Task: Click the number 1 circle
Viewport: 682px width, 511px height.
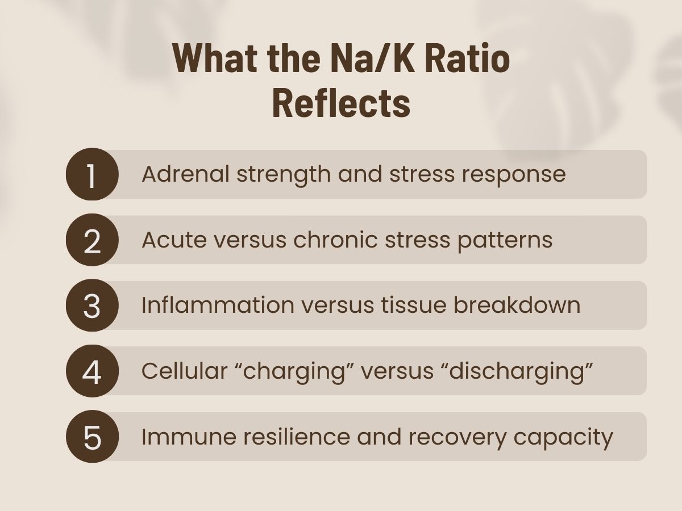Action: [92, 174]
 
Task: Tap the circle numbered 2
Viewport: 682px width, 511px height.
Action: [92, 240]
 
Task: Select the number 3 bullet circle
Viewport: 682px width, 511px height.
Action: [92, 305]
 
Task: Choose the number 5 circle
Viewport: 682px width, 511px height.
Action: [92, 437]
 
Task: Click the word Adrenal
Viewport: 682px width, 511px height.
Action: [185, 174]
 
